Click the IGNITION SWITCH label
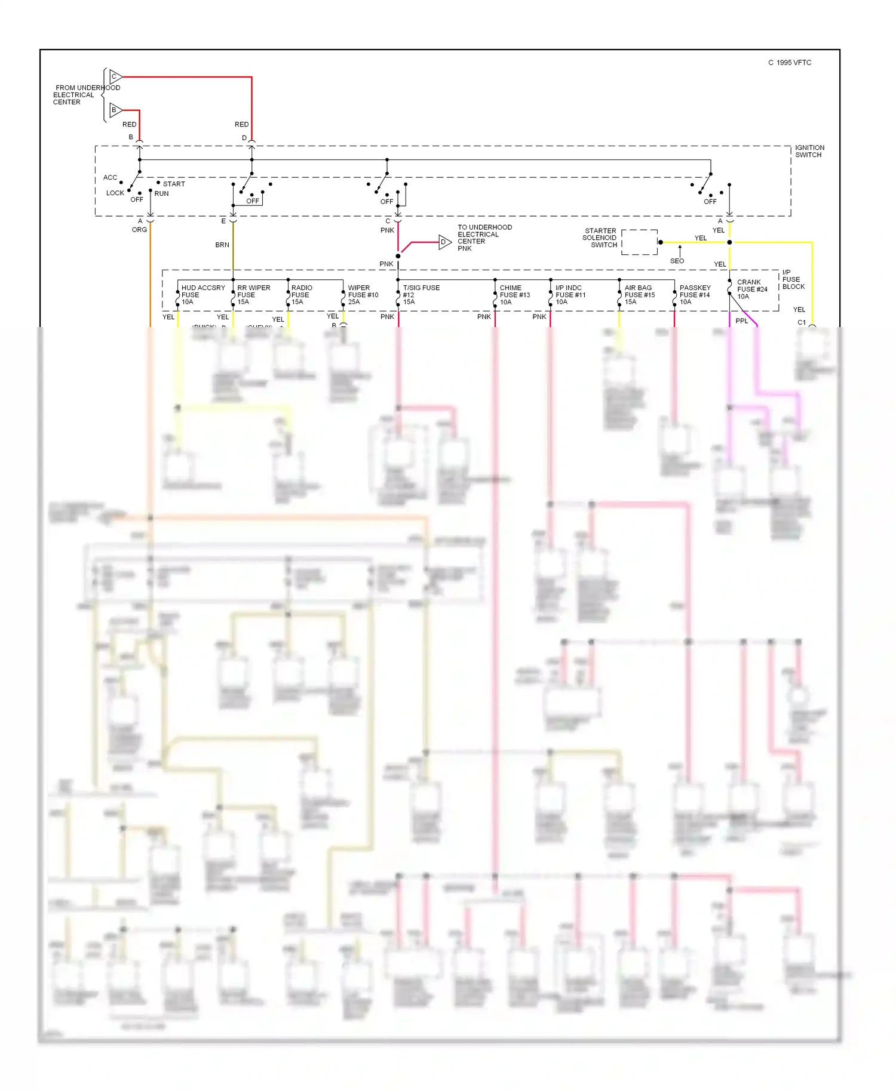click(x=809, y=151)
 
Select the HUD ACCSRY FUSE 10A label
click(x=202, y=295)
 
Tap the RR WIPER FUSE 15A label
click(x=253, y=295)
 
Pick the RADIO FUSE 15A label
click(x=302, y=295)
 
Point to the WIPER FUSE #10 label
click(x=363, y=295)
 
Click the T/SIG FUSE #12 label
click(x=421, y=295)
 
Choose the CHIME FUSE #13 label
click(x=514, y=295)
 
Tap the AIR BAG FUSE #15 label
click(x=639, y=295)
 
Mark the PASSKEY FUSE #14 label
click(x=695, y=295)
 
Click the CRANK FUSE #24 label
click(x=751, y=289)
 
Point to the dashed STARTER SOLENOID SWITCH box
click(x=639, y=242)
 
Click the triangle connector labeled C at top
click(x=116, y=77)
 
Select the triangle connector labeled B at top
click(x=116, y=110)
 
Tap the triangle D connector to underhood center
click(x=444, y=242)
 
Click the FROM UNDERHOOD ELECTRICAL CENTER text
click(x=86, y=95)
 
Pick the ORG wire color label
click(x=139, y=230)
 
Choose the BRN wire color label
click(x=222, y=245)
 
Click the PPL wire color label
click(x=741, y=321)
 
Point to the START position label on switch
click(x=174, y=184)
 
